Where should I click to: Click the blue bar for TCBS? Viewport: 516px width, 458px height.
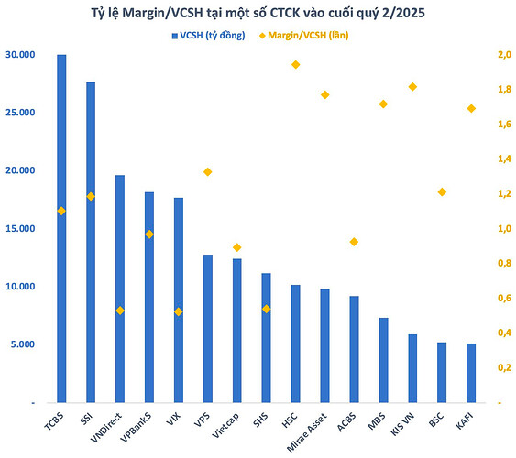(x=61, y=229)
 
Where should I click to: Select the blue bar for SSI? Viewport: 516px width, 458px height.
(x=91, y=243)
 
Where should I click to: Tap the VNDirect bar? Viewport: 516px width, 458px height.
(x=120, y=289)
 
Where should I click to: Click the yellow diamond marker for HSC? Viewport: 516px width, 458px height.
(x=296, y=65)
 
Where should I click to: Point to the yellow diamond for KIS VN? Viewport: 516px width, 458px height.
(x=412, y=87)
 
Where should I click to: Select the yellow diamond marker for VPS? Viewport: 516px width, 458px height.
(x=208, y=172)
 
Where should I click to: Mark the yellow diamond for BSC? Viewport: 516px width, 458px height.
(x=442, y=192)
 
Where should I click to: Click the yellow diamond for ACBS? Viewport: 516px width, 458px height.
(x=354, y=242)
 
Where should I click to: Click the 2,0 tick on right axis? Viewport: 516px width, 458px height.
(x=503, y=55)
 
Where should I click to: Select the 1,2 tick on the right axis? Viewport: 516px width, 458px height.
(x=503, y=194)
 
